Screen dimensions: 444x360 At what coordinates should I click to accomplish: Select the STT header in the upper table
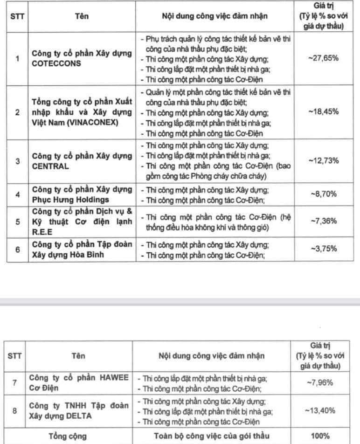(x=17, y=15)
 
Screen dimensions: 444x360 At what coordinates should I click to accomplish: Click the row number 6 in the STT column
(x=17, y=249)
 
